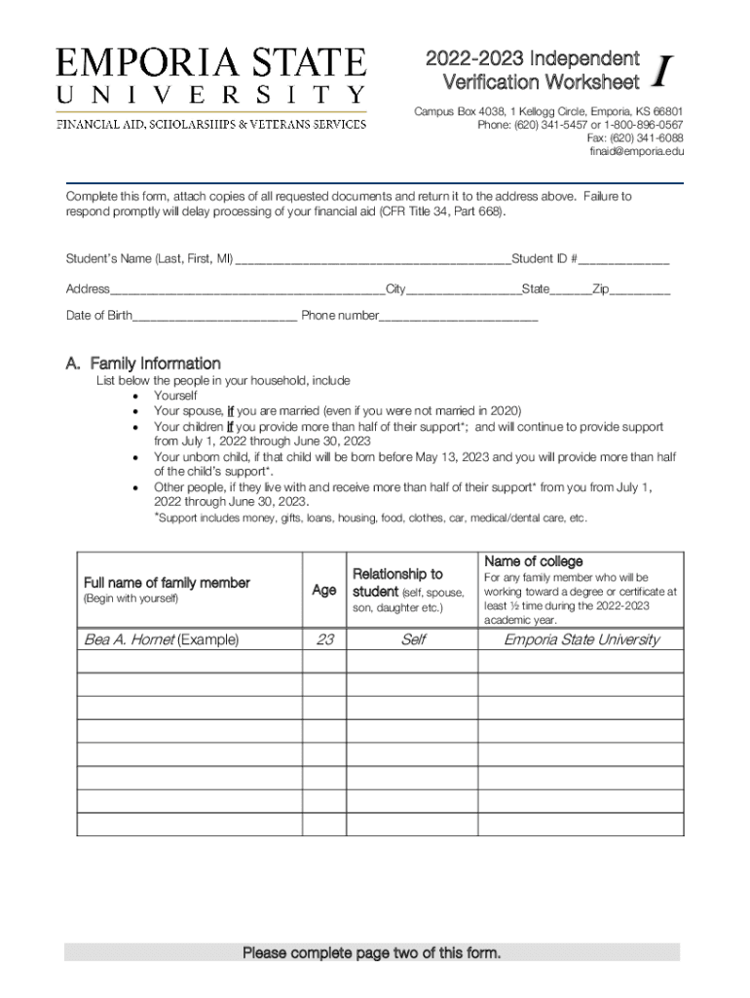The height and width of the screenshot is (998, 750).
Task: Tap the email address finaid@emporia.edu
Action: point(636,152)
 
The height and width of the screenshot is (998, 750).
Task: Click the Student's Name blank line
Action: point(372,259)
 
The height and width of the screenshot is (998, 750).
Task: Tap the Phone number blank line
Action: point(458,316)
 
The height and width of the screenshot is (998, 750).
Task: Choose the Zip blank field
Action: point(640,289)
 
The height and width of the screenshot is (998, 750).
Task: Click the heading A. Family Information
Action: point(143,364)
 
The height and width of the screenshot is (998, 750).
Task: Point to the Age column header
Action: point(324,591)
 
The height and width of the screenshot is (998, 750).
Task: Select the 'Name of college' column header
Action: point(534,561)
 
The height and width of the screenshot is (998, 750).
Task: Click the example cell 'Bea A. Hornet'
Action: point(161,639)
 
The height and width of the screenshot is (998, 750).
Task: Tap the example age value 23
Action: point(324,639)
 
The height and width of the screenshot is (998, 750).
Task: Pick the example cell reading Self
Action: point(412,639)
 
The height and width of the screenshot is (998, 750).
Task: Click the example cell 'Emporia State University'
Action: point(581,639)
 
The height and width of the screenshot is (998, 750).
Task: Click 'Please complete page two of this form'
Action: point(371,953)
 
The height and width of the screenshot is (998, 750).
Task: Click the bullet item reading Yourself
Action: point(175,396)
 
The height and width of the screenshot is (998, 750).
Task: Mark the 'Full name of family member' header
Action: point(167,583)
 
